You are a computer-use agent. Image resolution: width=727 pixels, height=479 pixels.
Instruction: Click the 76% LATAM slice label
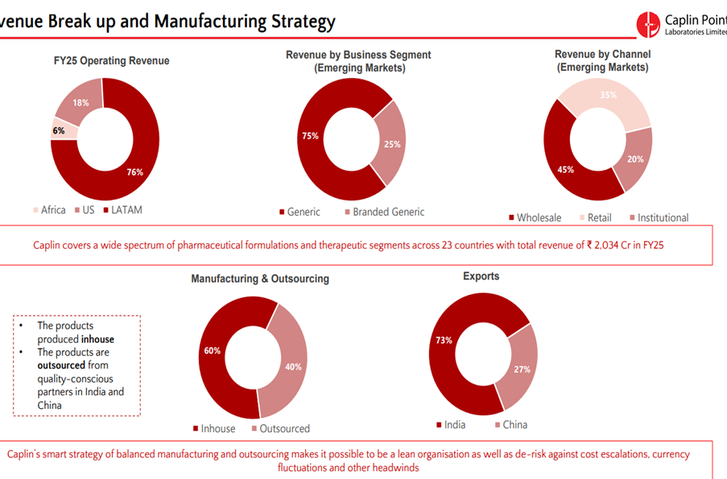pyautogui.click(x=135, y=171)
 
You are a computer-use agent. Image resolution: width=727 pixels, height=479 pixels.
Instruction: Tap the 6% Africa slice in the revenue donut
pyautogui.click(x=60, y=130)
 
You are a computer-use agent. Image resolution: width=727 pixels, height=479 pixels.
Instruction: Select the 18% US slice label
pyautogui.click(x=81, y=103)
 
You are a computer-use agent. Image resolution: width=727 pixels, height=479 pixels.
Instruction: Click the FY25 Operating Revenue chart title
pyautogui.click(x=105, y=60)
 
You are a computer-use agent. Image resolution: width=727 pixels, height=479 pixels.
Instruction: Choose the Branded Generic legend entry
pyautogui.click(x=383, y=212)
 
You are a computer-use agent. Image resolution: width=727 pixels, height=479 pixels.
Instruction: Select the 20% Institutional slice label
pyautogui.click(x=635, y=159)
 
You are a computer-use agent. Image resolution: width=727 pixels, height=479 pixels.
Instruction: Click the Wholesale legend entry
pyautogui.click(x=535, y=217)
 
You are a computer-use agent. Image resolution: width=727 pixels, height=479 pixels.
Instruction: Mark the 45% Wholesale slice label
pyautogui.click(x=565, y=170)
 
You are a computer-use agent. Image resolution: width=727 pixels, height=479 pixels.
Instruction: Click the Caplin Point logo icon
pyautogui.click(x=647, y=23)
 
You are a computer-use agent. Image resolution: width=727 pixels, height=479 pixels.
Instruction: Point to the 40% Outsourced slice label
pyautogui.click(x=293, y=366)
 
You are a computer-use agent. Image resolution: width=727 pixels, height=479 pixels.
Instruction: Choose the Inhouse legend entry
pyautogui.click(x=213, y=428)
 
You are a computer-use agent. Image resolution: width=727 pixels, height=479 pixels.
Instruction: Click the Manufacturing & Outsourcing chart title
pyautogui.click(x=260, y=279)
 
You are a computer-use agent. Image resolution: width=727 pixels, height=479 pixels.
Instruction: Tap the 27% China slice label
pyautogui.click(x=522, y=370)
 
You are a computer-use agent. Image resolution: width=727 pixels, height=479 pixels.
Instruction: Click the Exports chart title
pyautogui.click(x=481, y=276)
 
